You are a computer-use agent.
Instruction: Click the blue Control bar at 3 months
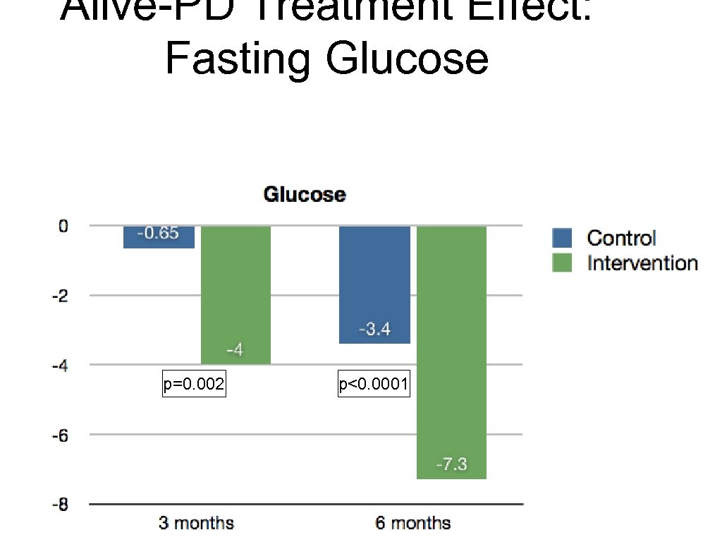tap(159, 238)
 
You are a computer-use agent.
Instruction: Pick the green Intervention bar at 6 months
tap(451, 352)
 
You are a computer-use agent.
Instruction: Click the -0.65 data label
tap(158, 234)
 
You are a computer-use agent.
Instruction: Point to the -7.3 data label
tap(451, 466)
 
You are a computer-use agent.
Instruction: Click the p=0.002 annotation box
tap(194, 385)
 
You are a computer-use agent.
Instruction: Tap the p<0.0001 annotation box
tap(374, 385)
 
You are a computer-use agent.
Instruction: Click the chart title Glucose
tap(305, 195)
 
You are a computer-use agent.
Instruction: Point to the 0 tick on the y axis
tap(63, 227)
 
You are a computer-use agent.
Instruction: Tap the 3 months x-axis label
tap(195, 524)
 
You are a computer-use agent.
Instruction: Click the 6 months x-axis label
tap(412, 524)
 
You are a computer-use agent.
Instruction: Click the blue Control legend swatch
tap(562, 239)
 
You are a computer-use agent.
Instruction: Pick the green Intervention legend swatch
tap(562, 263)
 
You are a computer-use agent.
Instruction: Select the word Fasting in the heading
tap(238, 59)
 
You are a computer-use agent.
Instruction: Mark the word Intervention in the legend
tap(642, 263)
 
